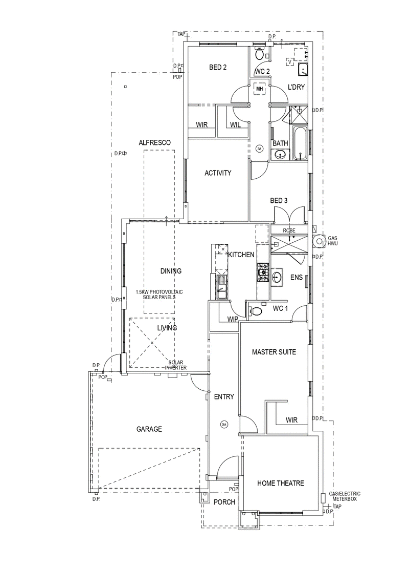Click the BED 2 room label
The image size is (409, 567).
pyautogui.click(x=218, y=67)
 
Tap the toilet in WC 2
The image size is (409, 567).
pyautogui.click(x=259, y=53)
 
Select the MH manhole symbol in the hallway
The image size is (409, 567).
pyautogui.click(x=259, y=88)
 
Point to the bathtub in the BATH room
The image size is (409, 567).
pyautogui.click(x=301, y=143)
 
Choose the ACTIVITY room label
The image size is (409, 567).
pyautogui.click(x=218, y=173)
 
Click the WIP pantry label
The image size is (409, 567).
pyautogui.click(x=233, y=319)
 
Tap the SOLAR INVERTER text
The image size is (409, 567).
pyautogui.click(x=176, y=365)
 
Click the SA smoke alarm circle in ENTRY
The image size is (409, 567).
pyautogui.click(x=224, y=424)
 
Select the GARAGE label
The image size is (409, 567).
pyautogui.click(x=149, y=429)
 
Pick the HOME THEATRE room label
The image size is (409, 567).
pyautogui.click(x=281, y=483)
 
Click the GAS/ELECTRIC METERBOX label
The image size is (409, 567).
pyautogui.click(x=345, y=496)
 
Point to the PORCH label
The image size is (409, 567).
pyautogui.click(x=224, y=502)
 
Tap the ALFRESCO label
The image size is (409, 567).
pyautogui.click(x=154, y=143)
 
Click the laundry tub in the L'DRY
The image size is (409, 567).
pyautogui.click(x=303, y=69)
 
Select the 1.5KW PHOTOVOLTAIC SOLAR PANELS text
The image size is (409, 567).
pyautogui.click(x=159, y=295)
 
